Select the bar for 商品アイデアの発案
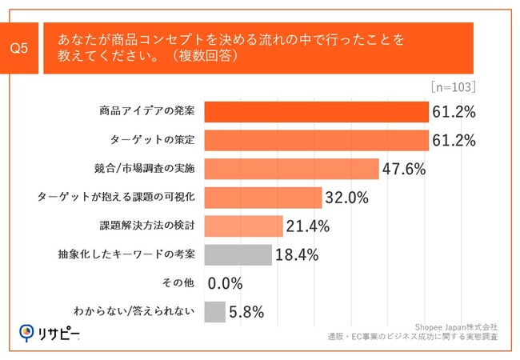click(317, 111)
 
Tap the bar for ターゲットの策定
click(317, 140)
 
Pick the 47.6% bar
click(291, 169)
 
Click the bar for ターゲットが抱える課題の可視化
click(263, 198)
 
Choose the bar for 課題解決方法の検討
click(244, 226)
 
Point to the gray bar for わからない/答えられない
click(215, 312)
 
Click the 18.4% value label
click(297, 255)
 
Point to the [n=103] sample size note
click(453, 86)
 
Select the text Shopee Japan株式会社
click(456, 326)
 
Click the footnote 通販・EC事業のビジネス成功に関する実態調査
click(412, 338)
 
